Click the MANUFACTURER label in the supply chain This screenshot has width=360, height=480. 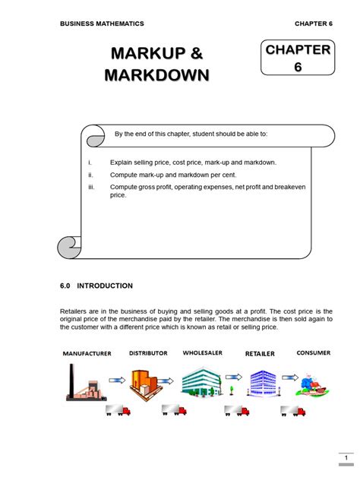pyautogui.click(x=87, y=354)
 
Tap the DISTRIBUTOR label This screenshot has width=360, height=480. pyautogui.click(x=148, y=353)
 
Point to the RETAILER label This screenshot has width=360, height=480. pyautogui.click(x=260, y=354)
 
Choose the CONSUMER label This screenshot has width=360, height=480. pyautogui.click(x=313, y=353)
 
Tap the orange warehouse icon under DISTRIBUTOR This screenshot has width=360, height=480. pyautogui.click(x=146, y=382)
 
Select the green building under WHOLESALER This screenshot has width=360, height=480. pyautogui.click(x=201, y=381)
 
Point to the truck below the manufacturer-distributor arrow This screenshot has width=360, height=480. pyautogui.click(x=118, y=410)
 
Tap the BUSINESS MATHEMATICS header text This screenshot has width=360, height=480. pyautogui.click(x=102, y=24)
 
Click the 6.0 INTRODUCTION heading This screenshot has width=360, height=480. pyautogui.click(x=96, y=286)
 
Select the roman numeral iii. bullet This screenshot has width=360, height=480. pyautogui.click(x=91, y=187)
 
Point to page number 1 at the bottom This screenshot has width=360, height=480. pyautogui.click(x=345, y=459)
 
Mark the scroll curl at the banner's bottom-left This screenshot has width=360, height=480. pyautogui.click(x=69, y=246)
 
